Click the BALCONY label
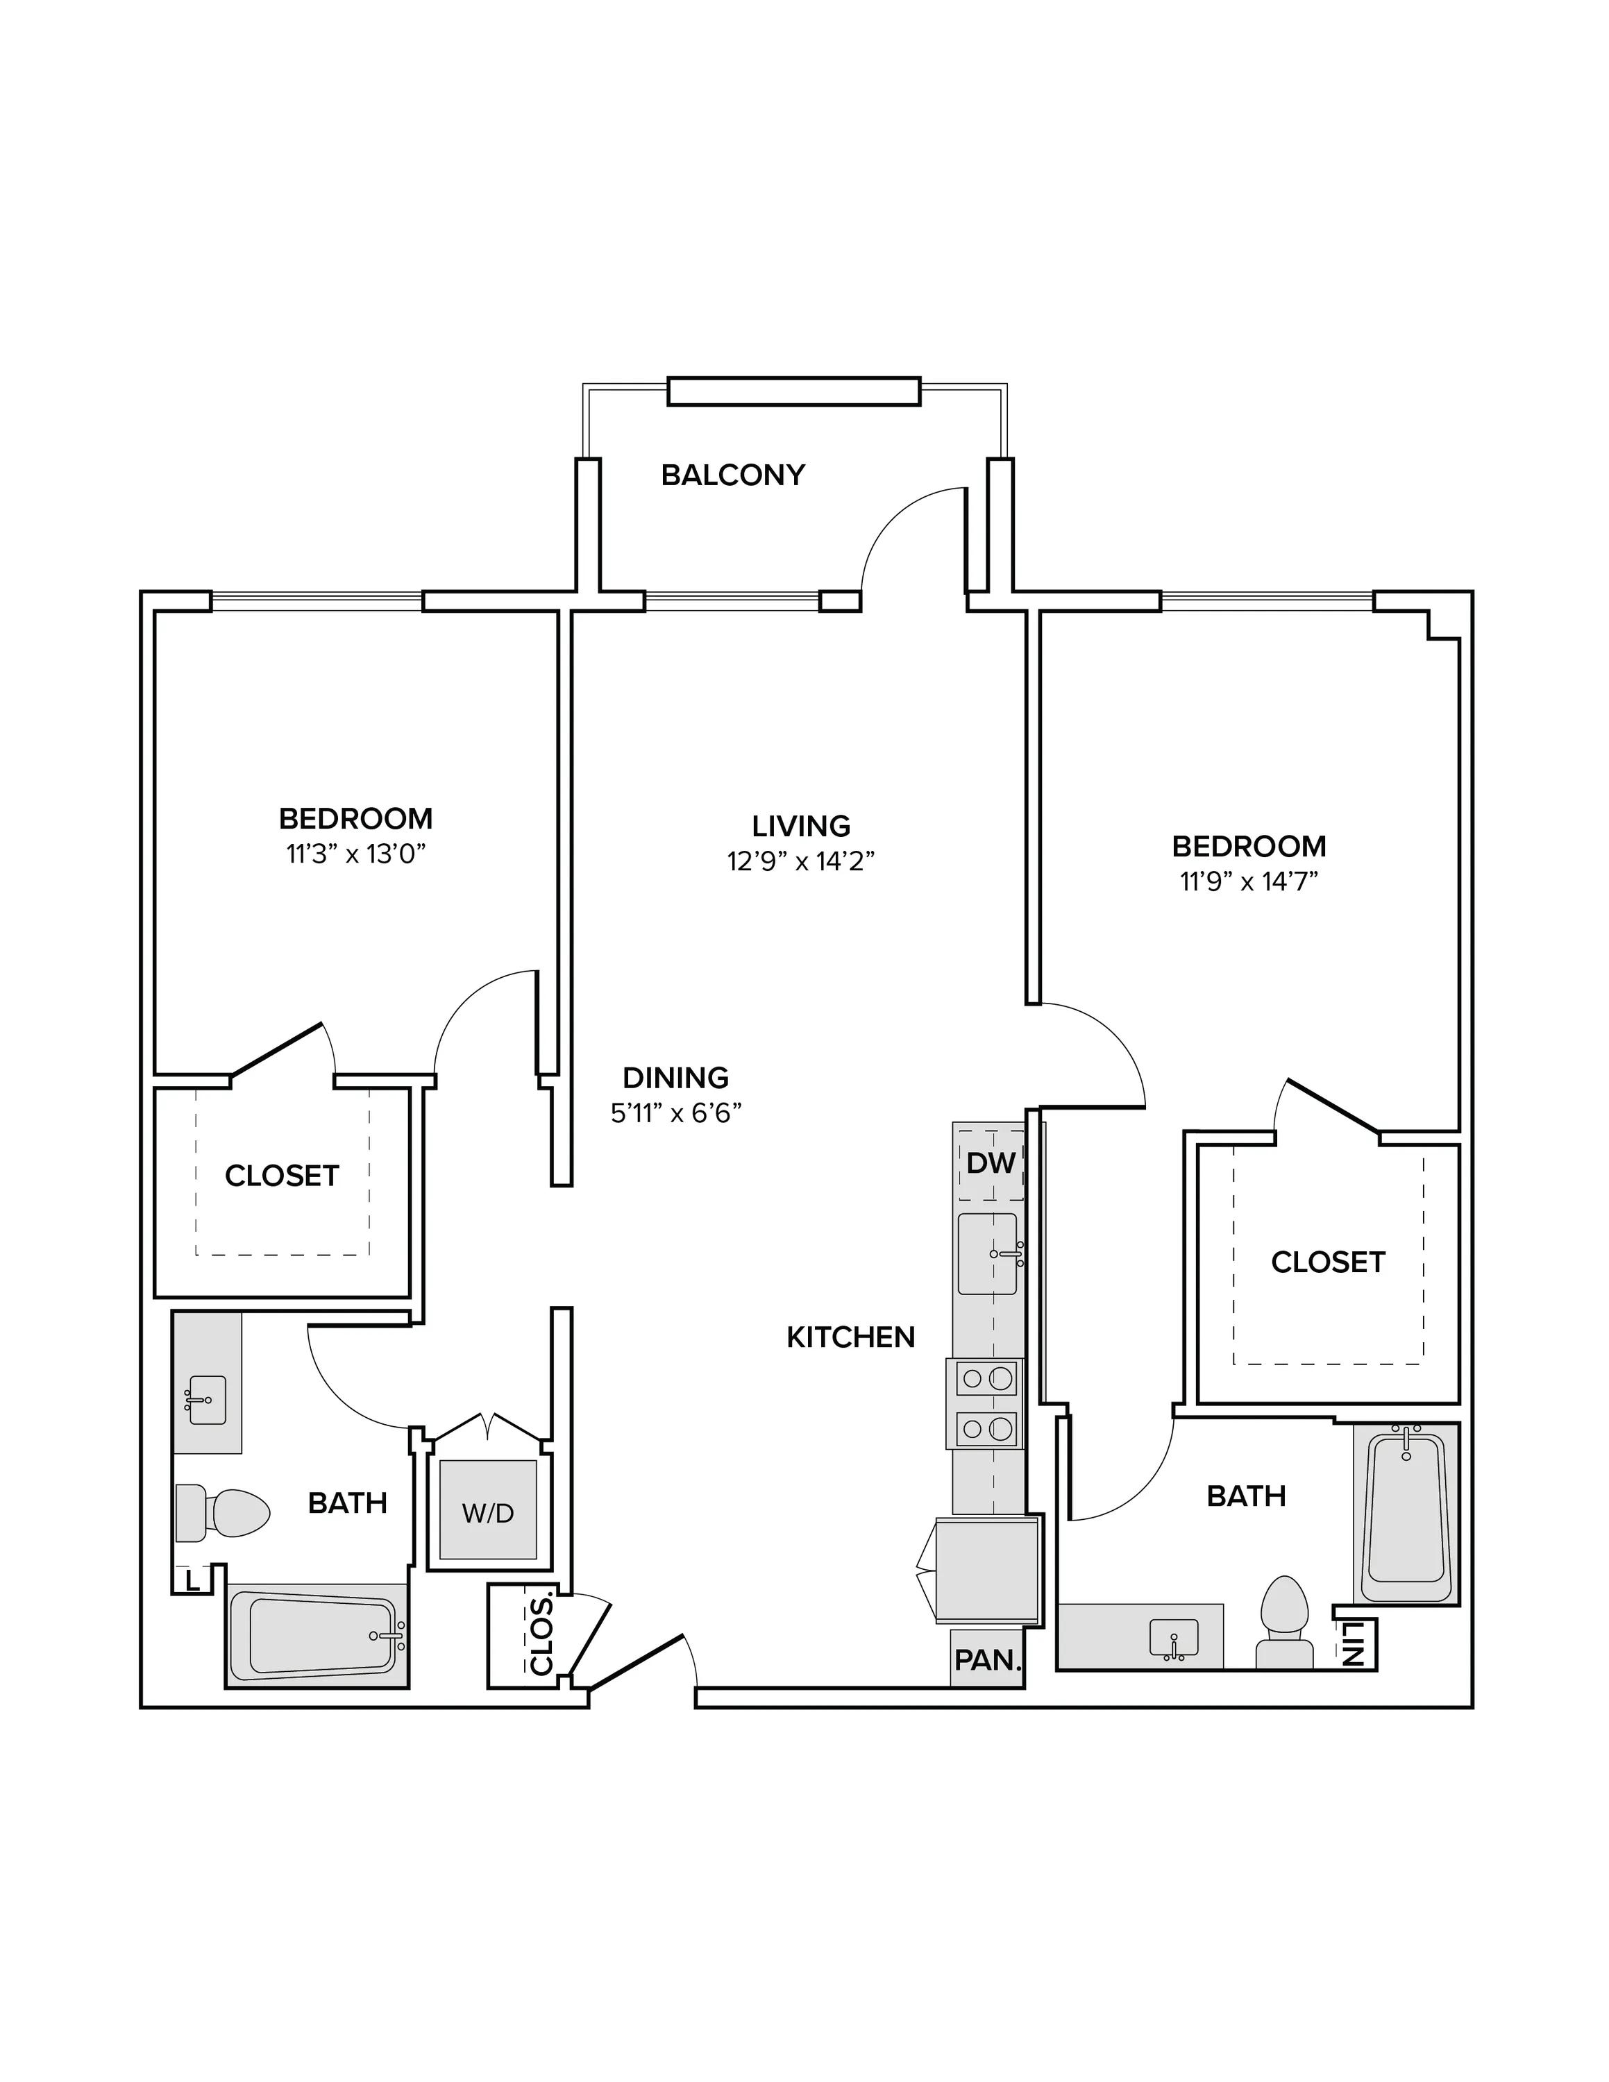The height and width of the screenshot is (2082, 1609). pyautogui.click(x=733, y=475)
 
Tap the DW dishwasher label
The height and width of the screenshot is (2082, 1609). pyautogui.click(x=991, y=1163)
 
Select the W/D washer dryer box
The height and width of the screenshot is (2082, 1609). pyautogui.click(x=487, y=1512)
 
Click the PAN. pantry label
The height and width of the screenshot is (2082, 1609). pyautogui.click(x=988, y=1659)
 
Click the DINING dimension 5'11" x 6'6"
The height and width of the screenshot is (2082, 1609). pyautogui.click(x=676, y=1112)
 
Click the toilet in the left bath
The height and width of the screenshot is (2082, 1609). pyautogui.click(x=222, y=1513)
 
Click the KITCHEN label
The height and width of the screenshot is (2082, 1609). pyautogui.click(x=850, y=1337)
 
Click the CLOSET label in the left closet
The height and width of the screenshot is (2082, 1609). pyautogui.click(x=282, y=1176)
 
